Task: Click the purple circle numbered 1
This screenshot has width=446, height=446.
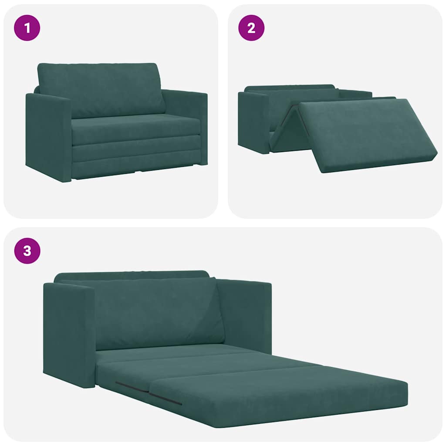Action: (27, 28)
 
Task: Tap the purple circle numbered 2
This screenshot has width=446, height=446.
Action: (251, 28)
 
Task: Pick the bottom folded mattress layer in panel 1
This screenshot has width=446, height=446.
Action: (135, 166)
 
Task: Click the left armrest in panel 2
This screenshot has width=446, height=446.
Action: (253, 120)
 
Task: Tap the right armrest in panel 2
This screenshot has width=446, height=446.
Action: (355, 94)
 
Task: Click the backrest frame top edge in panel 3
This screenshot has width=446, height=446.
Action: (131, 275)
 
